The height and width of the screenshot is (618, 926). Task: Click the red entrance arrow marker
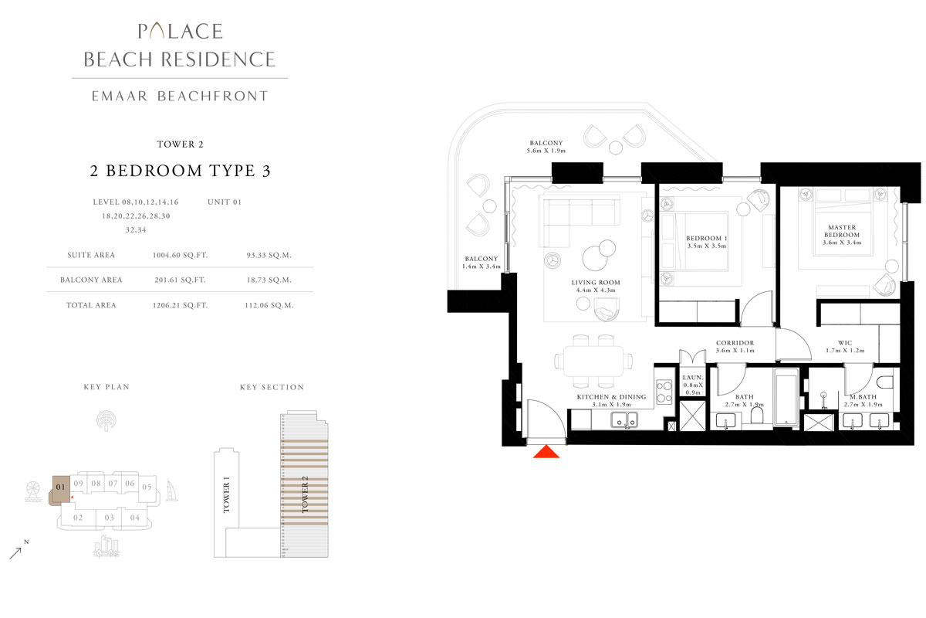click(x=546, y=452)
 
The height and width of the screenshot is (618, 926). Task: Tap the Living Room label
click(x=596, y=283)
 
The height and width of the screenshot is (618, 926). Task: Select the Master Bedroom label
click(x=842, y=231)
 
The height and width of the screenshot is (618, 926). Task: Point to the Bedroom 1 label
click(x=707, y=239)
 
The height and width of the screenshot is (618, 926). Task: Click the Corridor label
click(x=735, y=343)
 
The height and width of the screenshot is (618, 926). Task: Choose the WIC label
click(x=845, y=343)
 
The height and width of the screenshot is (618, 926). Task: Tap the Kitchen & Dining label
click(x=611, y=397)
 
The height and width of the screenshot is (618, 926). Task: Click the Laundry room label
click(x=692, y=378)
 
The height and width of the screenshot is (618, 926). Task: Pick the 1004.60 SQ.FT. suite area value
click(x=181, y=256)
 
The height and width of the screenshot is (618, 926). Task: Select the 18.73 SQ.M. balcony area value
click(x=269, y=280)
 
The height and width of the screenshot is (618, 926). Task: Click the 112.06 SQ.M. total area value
click(x=269, y=305)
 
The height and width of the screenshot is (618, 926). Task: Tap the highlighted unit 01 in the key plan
click(x=60, y=490)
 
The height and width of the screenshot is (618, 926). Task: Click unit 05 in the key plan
click(x=147, y=487)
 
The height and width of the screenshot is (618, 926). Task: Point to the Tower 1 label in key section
click(x=226, y=494)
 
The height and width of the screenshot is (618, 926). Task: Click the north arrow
click(x=15, y=553)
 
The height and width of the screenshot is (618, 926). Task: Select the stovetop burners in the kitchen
click(x=664, y=392)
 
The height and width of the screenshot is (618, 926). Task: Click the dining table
click(x=593, y=361)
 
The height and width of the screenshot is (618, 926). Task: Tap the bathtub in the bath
click(x=786, y=397)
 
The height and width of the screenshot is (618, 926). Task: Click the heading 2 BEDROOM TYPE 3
click(x=181, y=171)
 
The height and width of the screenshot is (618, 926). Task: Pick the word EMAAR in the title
click(x=120, y=96)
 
